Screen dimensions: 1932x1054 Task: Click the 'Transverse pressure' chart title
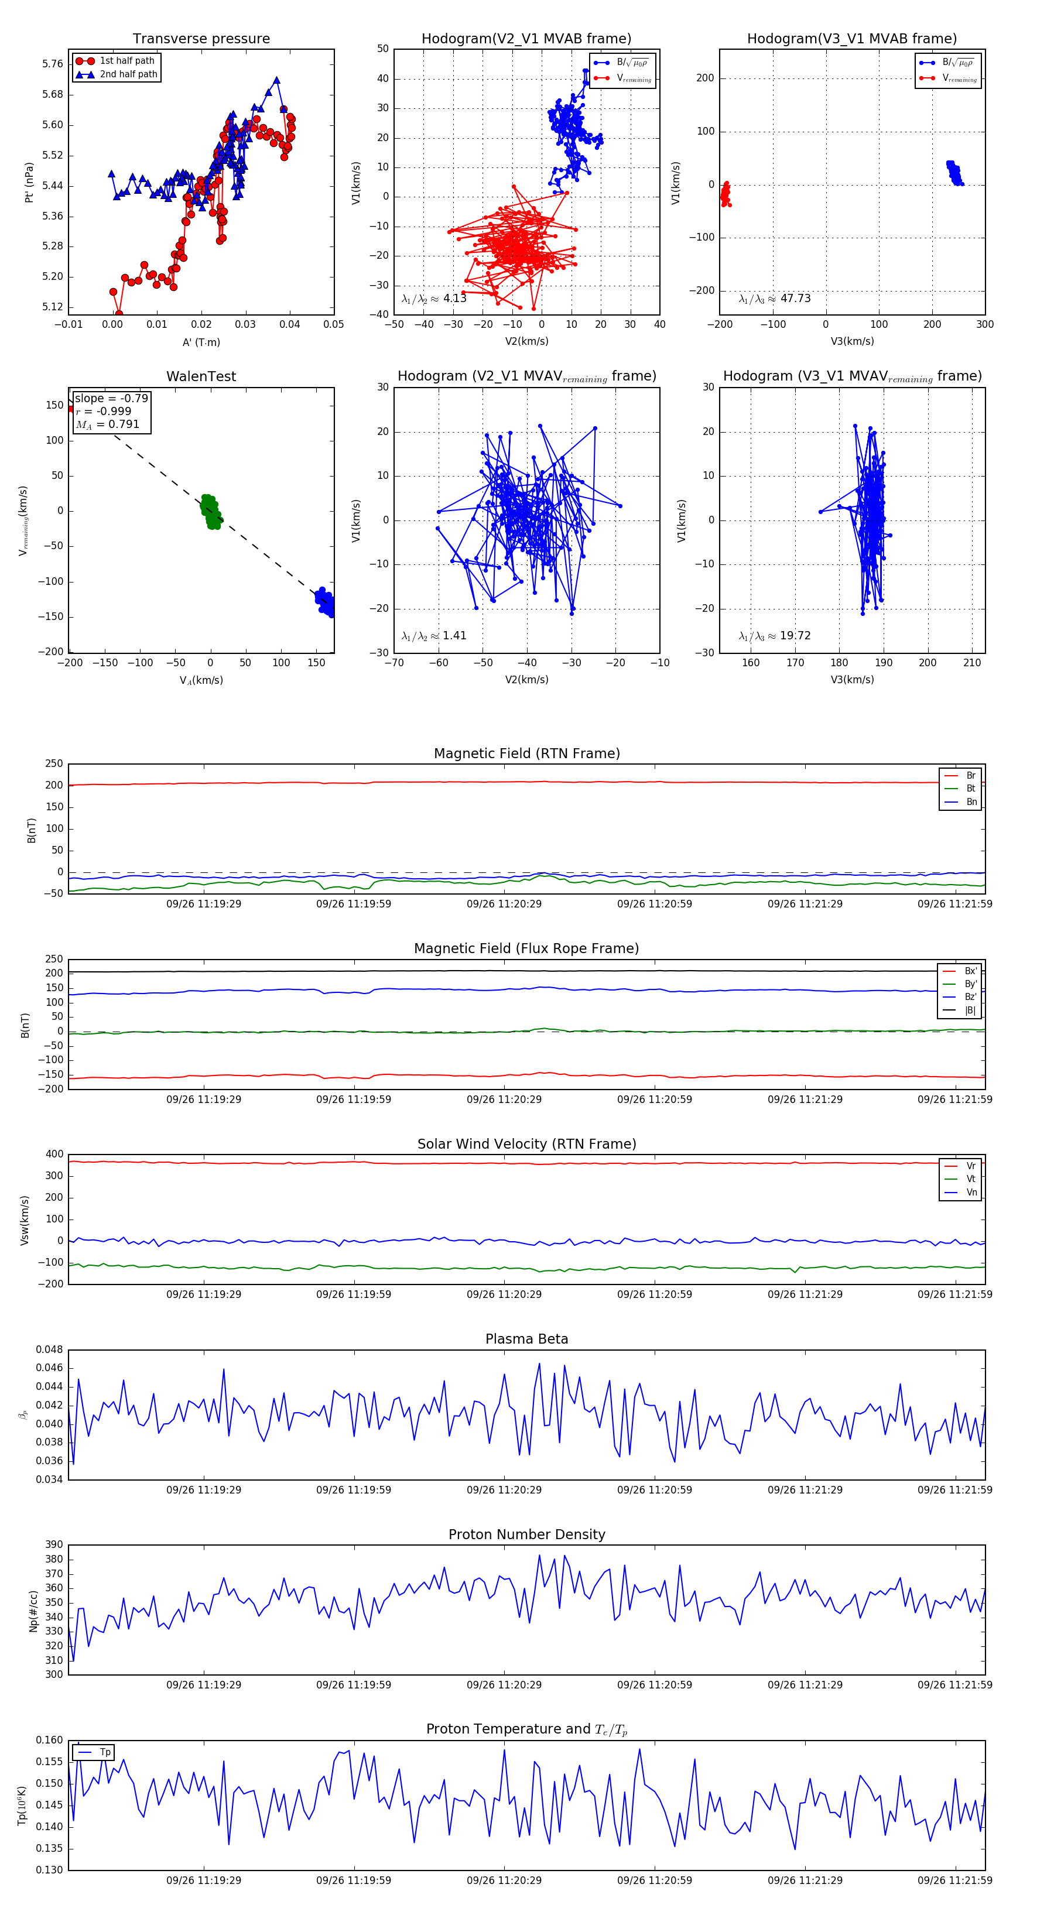click(x=201, y=39)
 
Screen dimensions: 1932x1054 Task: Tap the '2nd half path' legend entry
click(x=128, y=74)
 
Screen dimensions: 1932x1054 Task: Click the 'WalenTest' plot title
click(x=201, y=376)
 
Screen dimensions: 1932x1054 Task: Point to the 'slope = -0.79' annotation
click(x=111, y=398)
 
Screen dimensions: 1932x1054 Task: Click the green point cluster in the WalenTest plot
click(x=211, y=512)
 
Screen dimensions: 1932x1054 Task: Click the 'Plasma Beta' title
click(x=526, y=1339)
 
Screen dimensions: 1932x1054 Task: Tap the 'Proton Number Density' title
click(x=526, y=1534)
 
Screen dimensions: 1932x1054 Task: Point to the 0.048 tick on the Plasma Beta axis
click(x=50, y=1349)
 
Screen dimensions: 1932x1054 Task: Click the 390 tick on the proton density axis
click(x=54, y=1544)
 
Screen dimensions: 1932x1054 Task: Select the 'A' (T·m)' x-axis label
click(x=201, y=342)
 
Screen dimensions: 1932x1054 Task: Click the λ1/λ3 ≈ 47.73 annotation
click(x=775, y=299)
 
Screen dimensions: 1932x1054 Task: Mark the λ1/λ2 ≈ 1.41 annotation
click(x=433, y=636)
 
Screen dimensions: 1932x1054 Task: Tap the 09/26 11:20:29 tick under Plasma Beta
click(x=504, y=1489)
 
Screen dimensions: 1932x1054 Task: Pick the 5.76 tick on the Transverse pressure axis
click(x=53, y=64)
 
